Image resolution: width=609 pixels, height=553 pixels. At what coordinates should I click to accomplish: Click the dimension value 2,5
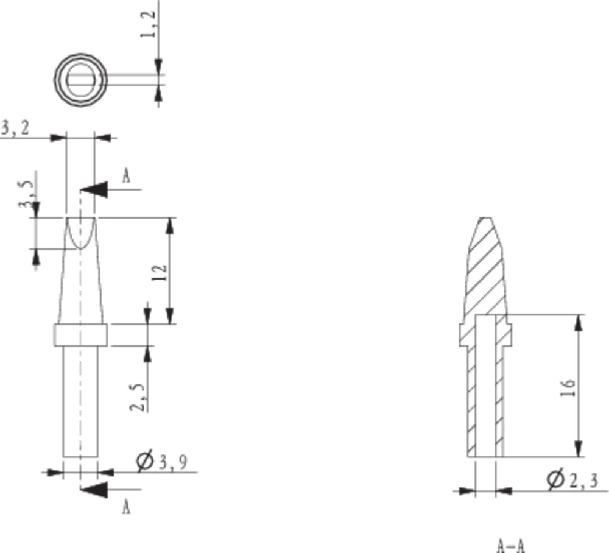click(x=139, y=396)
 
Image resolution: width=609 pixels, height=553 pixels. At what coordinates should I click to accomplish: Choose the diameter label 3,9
click(x=172, y=463)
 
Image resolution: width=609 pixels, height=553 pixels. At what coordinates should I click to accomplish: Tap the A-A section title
click(x=510, y=545)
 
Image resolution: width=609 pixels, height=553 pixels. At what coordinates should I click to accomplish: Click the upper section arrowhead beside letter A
click(x=94, y=189)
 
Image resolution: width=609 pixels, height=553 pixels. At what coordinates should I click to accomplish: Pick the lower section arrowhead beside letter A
click(x=94, y=489)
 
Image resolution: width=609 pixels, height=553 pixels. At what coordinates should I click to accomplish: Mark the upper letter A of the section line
click(x=126, y=177)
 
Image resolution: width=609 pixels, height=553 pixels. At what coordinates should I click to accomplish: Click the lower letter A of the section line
click(x=126, y=507)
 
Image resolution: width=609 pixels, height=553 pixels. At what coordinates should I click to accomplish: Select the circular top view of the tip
click(x=81, y=79)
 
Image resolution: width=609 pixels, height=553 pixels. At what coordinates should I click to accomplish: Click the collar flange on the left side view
click(x=80, y=335)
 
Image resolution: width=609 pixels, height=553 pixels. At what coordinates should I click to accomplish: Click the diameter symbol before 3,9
click(x=145, y=462)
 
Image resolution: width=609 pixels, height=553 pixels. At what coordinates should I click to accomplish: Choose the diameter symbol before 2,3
click(x=554, y=480)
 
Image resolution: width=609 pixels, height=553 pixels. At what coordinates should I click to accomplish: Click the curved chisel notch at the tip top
click(x=80, y=233)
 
